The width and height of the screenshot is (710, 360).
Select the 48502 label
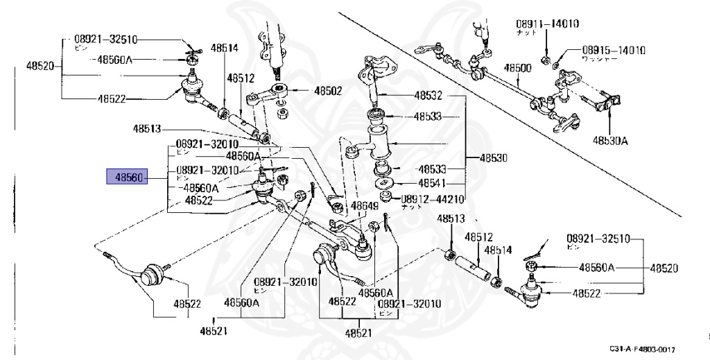pos(328,91)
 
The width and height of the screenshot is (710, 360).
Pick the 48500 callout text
pos(517,68)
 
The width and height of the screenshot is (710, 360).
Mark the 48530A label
pos(610,140)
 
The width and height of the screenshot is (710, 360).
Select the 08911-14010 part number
pos(547,24)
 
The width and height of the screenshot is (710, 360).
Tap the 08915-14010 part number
pos(614,50)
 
